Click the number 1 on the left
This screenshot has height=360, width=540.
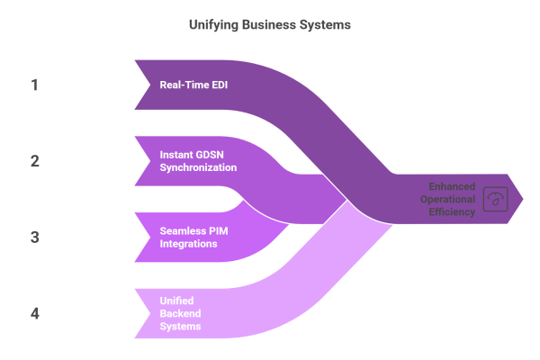[35, 85]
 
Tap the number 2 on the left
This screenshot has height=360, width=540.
[35, 161]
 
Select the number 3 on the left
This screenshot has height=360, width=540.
[35, 238]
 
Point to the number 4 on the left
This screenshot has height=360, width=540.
[35, 313]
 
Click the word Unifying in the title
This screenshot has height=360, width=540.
[212, 25]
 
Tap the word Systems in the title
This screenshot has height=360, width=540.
[327, 25]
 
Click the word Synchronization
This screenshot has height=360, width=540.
[198, 167]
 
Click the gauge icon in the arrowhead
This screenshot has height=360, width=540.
[494, 197]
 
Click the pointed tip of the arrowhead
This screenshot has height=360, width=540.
[523, 197]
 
